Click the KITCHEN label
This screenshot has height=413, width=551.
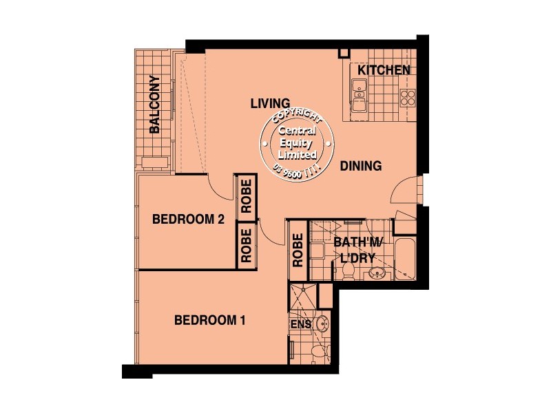384,70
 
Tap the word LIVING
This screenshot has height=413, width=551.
269,103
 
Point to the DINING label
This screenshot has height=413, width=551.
360,166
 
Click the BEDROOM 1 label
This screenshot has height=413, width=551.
210,320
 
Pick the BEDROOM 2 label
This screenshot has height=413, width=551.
188,220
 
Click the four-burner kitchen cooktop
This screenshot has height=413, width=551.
407,96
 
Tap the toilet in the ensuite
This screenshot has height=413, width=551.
316,352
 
